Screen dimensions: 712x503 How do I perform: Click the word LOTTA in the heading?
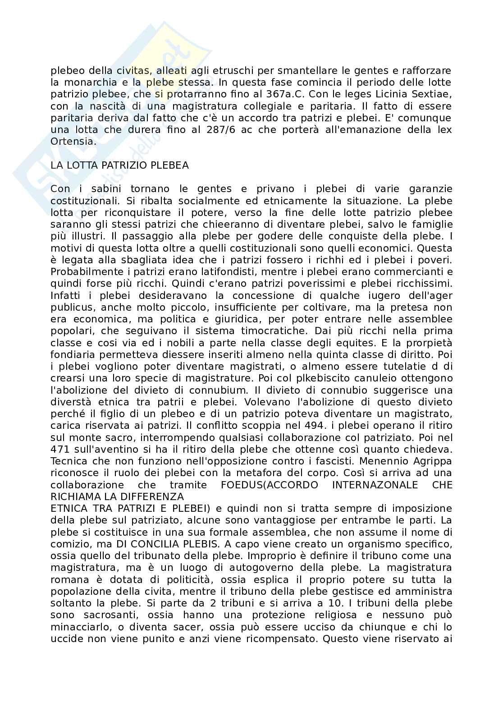(x=82, y=165)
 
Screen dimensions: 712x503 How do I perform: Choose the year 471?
(x=61, y=450)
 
